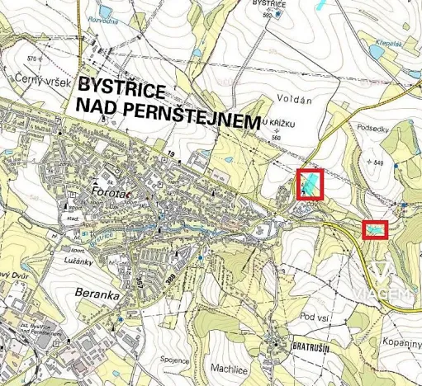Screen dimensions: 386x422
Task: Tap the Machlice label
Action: (x=229, y=356)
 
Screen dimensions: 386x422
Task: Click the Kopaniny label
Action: (x=401, y=340)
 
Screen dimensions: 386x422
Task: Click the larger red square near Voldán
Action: (x=310, y=183)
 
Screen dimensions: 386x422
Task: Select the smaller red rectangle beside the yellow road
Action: (x=375, y=228)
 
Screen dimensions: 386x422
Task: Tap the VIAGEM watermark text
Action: (x=391, y=295)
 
